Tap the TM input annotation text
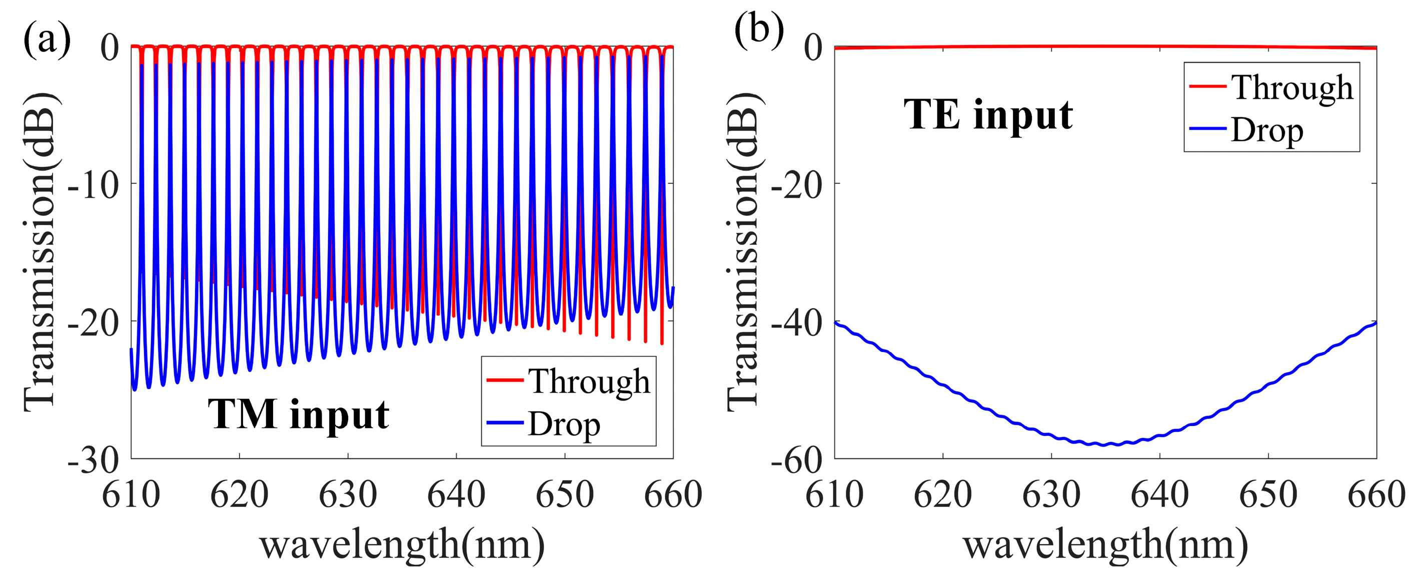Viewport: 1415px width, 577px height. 298,414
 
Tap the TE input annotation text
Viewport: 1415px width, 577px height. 988,115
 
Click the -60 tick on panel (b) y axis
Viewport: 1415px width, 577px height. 796,460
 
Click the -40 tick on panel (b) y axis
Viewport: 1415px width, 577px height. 796,323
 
